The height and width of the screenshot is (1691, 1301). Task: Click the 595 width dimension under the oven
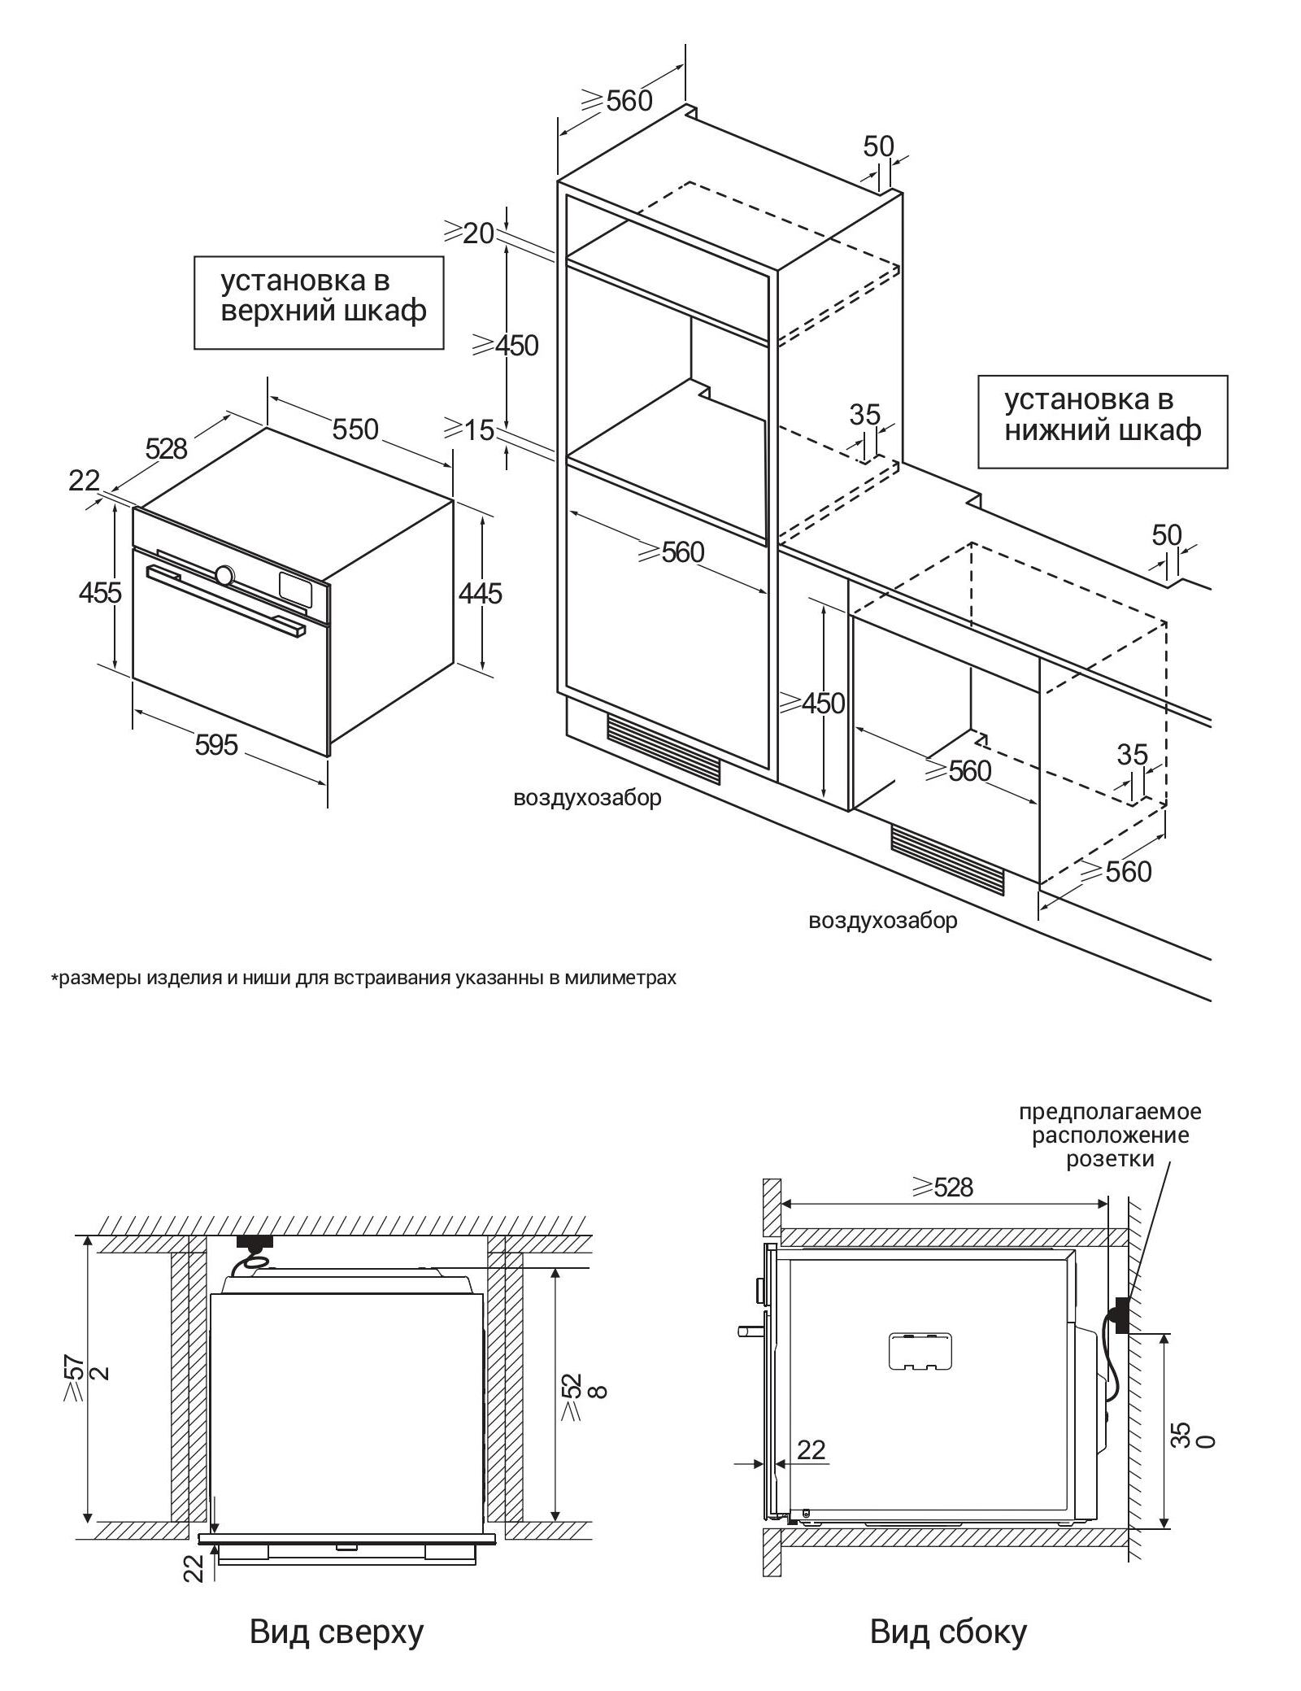[216, 743]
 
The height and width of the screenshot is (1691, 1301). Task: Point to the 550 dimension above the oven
[355, 429]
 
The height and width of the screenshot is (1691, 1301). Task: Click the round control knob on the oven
[224, 574]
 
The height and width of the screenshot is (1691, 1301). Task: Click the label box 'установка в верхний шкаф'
[319, 303]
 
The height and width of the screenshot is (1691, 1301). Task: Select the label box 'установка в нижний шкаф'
[1102, 421]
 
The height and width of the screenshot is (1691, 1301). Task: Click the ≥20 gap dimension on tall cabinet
[469, 233]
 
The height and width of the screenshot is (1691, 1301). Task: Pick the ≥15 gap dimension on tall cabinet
[469, 429]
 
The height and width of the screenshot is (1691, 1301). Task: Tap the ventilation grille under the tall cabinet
[663, 748]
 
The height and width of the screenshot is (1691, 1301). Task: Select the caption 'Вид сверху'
[336, 1631]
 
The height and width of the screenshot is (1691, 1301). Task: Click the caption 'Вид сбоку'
[948, 1631]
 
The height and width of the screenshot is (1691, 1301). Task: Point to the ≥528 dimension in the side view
[942, 1187]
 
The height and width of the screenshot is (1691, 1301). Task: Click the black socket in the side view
[1121, 1315]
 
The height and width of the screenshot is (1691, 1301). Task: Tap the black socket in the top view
[253, 1241]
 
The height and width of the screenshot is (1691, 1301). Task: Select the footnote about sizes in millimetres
[363, 978]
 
